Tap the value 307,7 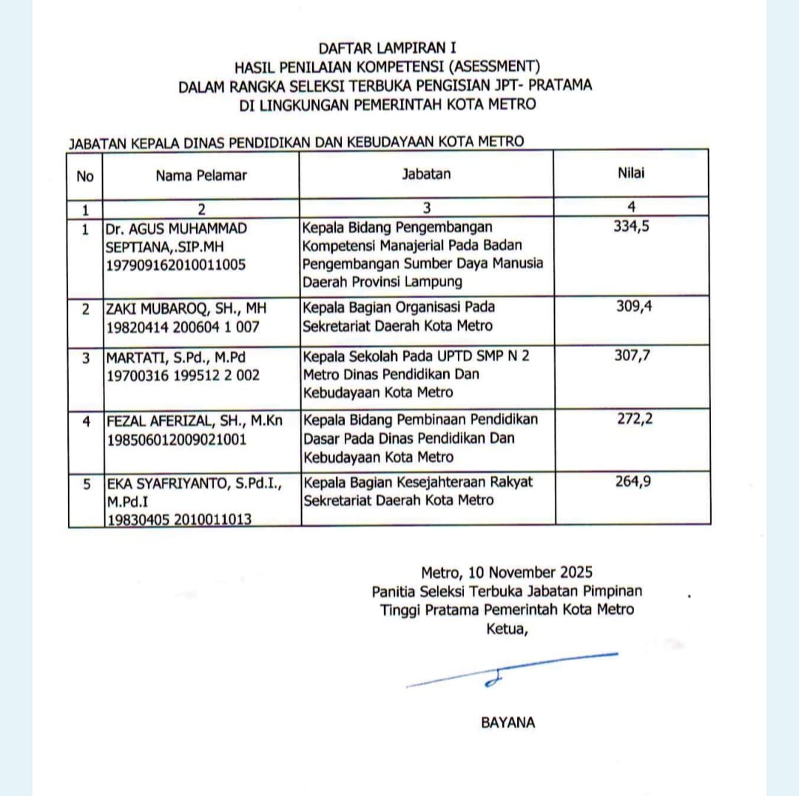coord(633,355)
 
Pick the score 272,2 coord(635,419)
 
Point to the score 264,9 coord(633,482)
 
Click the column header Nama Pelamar coord(200,175)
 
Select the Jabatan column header coord(426,174)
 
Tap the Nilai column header coord(631,173)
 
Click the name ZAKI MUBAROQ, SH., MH coord(176,307)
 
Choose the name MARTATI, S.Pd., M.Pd coord(175,356)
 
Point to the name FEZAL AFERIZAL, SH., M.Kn coord(193,420)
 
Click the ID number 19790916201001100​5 coord(176,264)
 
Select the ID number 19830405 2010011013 coord(179,519)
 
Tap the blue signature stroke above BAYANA coord(511,670)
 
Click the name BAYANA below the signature coord(508,723)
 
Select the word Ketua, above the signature coord(507,629)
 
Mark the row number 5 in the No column coord(87,484)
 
